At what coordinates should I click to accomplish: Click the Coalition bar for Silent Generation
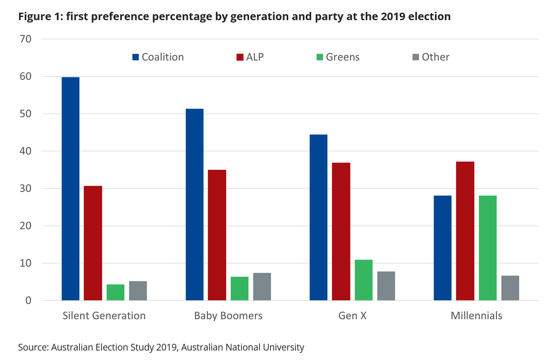pyautogui.click(x=70, y=189)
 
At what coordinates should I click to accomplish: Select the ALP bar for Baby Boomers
pyautogui.click(x=217, y=235)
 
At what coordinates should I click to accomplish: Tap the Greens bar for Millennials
pyautogui.click(x=487, y=248)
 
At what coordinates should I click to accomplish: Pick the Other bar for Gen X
pyautogui.click(x=386, y=286)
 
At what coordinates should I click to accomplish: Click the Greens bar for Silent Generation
pyautogui.click(x=115, y=292)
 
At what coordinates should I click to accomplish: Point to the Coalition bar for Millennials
pyautogui.click(x=442, y=248)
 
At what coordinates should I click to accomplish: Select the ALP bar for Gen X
pyautogui.click(x=341, y=232)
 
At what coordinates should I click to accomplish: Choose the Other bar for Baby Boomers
pyautogui.click(x=262, y=287)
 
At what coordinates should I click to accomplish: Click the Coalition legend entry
pyautogui.click(x=158, y=57)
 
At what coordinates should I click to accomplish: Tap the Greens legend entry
pyautogui.click(x=338, y=57)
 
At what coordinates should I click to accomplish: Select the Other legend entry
pyautogui.click(x=431, y=57)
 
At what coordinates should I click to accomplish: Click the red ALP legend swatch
pyautogui.click(x=240, y=57)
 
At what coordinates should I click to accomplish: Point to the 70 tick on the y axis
pyautogui.click(x=25, y=39)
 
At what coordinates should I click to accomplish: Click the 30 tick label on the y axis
pyautogui.click(x=25, y=188)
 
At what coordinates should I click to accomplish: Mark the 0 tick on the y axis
pyautogui.click(x=28, y=301)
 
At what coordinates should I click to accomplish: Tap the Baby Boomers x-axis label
pyautogui.click(x=228, y=316)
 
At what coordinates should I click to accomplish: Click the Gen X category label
pyautogui.click(x=352, y=316)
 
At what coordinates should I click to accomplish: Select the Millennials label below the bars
pyautogui.click(x=476, y=316)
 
